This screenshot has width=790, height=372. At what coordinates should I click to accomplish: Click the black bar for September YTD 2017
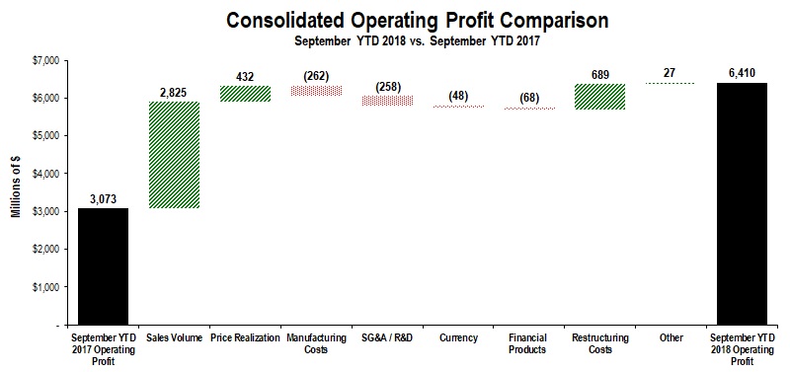click(x=103, y=265)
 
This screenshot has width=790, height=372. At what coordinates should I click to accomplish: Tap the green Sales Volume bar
click(x=174, y=155)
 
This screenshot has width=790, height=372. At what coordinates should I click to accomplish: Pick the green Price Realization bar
click(x=245, y=94)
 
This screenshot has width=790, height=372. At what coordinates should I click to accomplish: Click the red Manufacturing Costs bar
click(x=316, y=91)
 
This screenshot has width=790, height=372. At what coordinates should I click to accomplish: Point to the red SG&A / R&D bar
click(x=387, y=100)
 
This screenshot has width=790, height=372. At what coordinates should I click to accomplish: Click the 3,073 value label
click(x=103, y=199)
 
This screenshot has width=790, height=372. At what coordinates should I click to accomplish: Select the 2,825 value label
click(x=174, y=93)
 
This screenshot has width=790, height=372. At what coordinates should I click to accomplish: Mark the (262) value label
click(x=316, y=75)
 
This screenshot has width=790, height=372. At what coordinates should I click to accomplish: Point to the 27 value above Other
click(x=672, y=72)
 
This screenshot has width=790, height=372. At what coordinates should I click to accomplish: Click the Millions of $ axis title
click(x=17, y=191)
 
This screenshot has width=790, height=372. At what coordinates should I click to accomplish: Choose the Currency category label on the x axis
click(x=458, y=338)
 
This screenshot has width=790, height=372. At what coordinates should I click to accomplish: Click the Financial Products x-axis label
click(x=530, y=343)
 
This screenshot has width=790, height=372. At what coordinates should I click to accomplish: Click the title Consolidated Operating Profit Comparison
click(x=403, y=20)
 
